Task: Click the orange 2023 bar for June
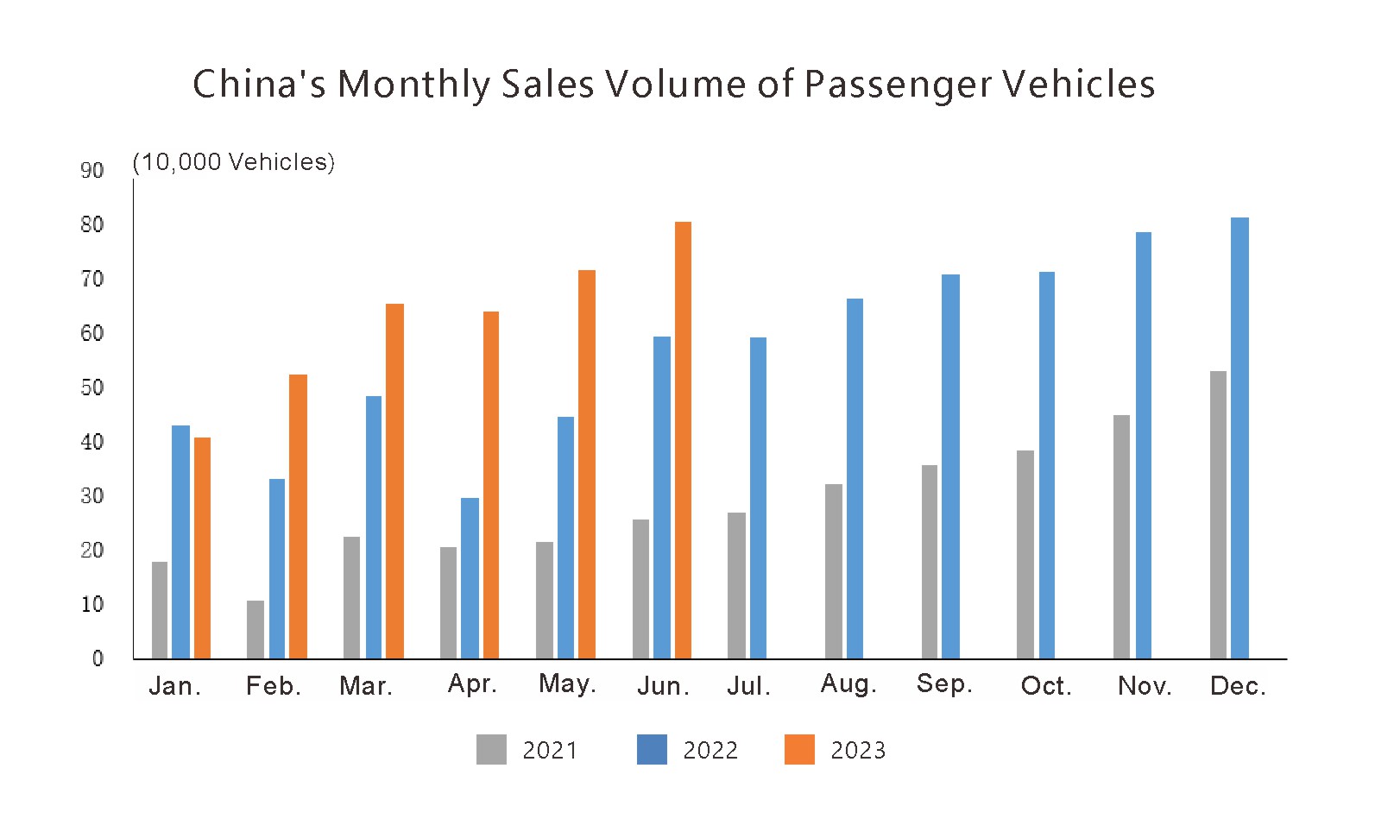click(683, 440)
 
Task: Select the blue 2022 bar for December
click(1239, 438)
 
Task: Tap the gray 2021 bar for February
click(255, 629)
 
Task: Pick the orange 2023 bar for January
click(202, 548)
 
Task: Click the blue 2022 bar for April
click(470, 578)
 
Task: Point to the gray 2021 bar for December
click(1218, 514)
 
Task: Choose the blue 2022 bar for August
click(855, 478)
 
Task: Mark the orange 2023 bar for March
click(394, 481)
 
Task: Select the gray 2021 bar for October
click(1025, 554)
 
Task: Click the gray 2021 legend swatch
click(491, 749)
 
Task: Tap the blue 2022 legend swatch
click(652, 749)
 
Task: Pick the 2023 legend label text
click(858, 750)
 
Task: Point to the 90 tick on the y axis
click(92, 170)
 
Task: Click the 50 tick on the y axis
click(92, 387)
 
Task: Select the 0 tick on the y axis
click(98, 658)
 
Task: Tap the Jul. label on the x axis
click(748, 686)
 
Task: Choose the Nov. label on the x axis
click(1145, 686)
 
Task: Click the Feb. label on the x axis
click(274, 686)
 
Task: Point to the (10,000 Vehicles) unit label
click(234, 161)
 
